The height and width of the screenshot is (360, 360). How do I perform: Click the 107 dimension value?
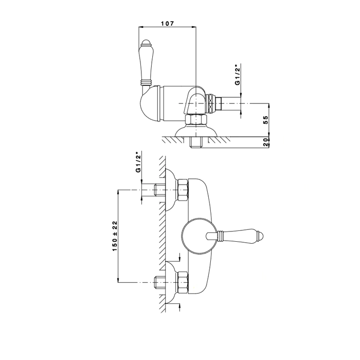point(168,24)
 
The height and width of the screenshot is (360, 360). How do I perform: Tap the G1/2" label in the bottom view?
point(138,163)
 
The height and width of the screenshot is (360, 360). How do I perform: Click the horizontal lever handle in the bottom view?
point(242,237)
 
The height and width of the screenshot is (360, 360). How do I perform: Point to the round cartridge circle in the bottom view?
point(197,236)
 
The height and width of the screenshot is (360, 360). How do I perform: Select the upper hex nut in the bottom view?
point(183,190)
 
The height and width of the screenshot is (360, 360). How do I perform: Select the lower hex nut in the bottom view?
point(183,282)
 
